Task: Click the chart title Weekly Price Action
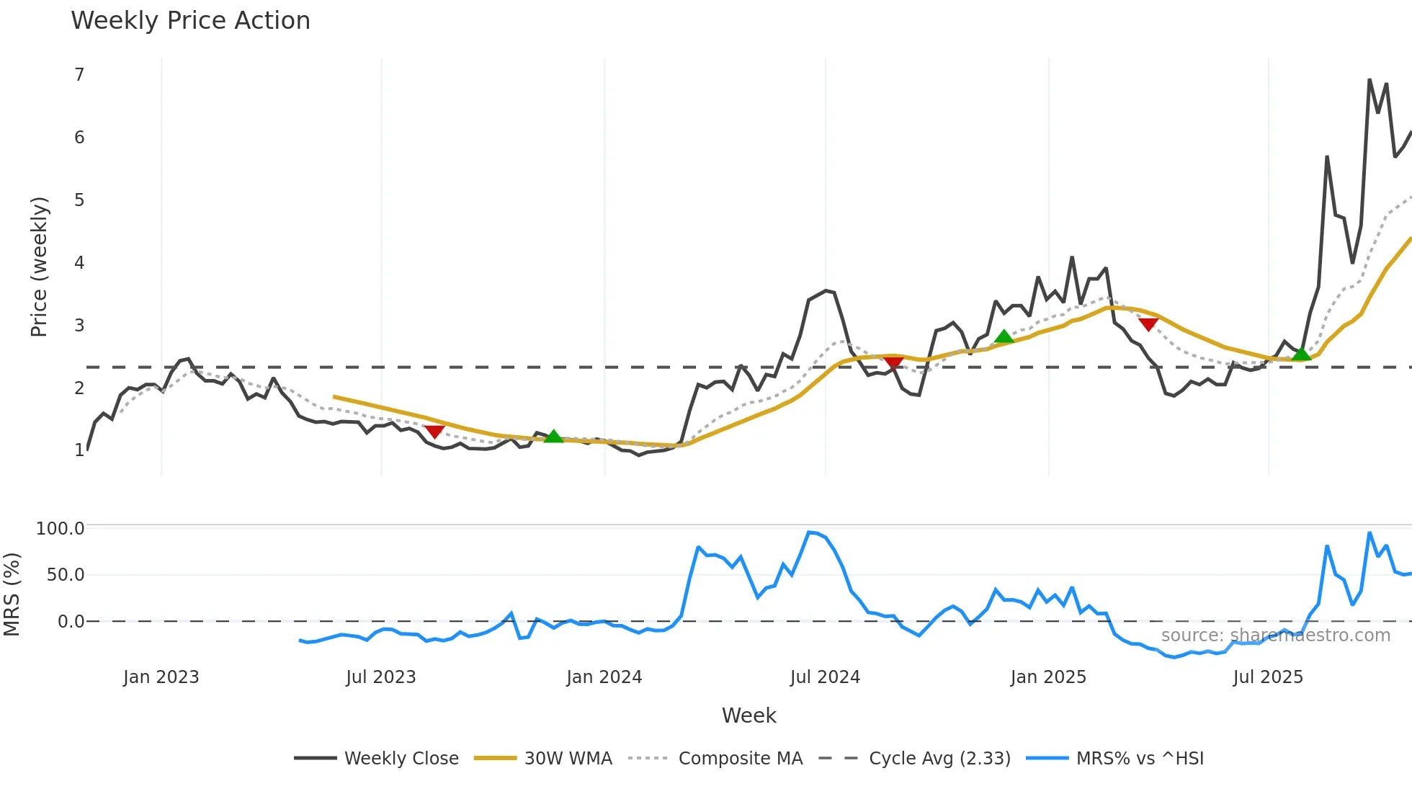click(190, 20)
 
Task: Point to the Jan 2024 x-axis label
click(604, 677)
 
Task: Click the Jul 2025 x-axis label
click(1268, 677)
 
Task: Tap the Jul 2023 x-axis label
click(381, 677)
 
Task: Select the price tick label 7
click(79, 75)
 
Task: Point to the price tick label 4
click(79, 263)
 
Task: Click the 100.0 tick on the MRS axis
click(61, 529)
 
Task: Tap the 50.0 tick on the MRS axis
click(66, 575)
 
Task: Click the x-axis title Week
click(749, 715)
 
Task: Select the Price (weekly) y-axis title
click(39, 267)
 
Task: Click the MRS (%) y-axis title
click(12, 594)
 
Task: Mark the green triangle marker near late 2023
click(553, 436)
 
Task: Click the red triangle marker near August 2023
click(434, 431)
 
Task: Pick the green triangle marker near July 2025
click(1301, 354)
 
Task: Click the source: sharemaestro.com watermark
click(1275, 635)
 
